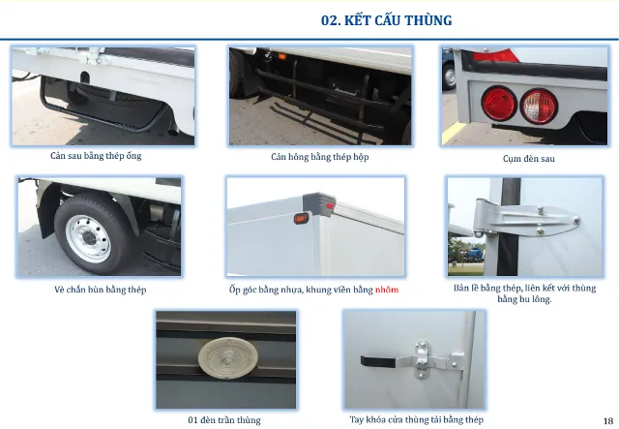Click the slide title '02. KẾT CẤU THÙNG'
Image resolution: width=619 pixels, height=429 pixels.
386,20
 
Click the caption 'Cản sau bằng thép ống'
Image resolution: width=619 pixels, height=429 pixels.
103,156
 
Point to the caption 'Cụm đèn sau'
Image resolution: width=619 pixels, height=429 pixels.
522,158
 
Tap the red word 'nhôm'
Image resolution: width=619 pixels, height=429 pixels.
387,290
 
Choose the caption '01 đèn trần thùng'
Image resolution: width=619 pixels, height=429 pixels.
224,420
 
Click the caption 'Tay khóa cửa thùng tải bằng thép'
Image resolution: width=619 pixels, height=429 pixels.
417,419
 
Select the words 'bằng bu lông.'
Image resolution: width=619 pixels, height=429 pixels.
524,300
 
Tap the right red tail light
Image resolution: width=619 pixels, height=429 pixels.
538,105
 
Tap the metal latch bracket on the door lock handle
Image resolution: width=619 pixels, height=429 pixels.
422,361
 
